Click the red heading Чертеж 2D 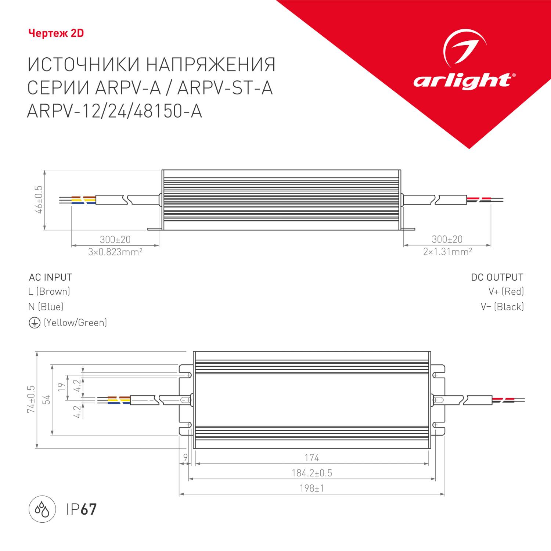56,33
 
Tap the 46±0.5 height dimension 39,199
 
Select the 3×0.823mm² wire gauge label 115,252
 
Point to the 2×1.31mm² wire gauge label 447,252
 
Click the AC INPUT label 51,277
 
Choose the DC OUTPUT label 497,277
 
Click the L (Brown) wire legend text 49,292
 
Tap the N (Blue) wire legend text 46,307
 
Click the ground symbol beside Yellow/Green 34,323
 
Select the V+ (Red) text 506,292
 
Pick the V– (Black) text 502,307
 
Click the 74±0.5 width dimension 31,399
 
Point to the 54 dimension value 46,400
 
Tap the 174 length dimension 311,458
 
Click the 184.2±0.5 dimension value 311,473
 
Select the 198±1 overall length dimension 311,489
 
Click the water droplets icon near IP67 42,509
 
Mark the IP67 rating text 81,509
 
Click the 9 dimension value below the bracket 186,458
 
